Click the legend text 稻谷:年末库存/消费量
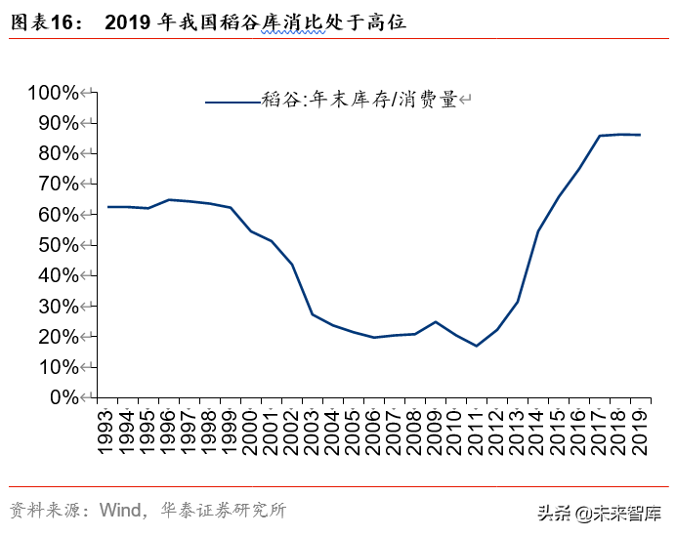point(359,100)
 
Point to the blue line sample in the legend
point(232,101)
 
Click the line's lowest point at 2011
point(476,346)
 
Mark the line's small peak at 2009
point(435,321)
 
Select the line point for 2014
point(537,231)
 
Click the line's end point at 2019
point(640,135)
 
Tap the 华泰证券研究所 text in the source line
point(222,511)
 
